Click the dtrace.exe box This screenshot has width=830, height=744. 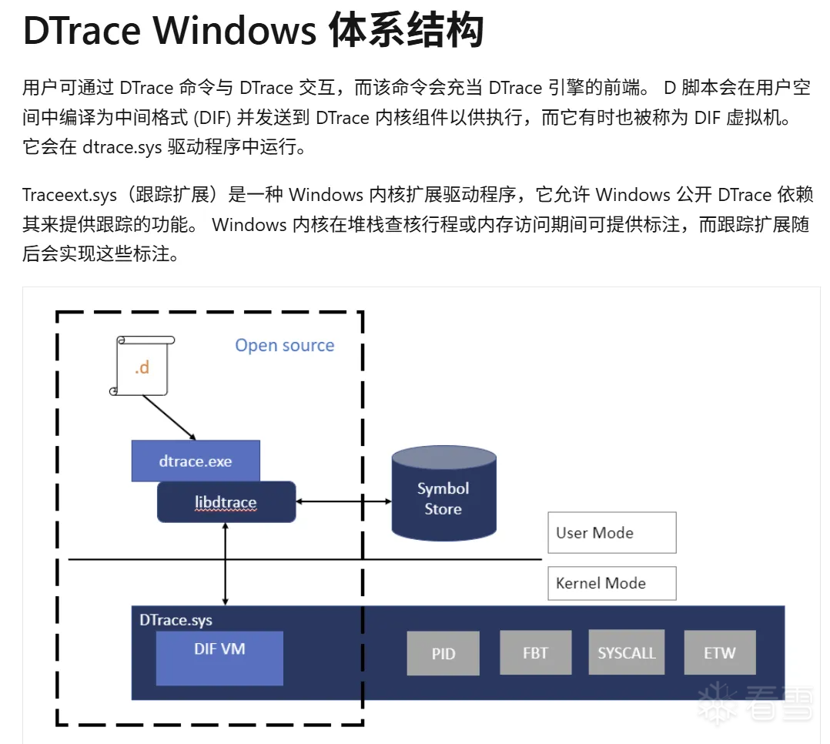point(196,461)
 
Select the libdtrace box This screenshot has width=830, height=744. point(226,502)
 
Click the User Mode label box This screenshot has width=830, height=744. point(611,532)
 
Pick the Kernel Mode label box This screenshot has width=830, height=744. point(611,583)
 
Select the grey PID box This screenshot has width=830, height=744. point(443,653)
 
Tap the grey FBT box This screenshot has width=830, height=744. point(536,652)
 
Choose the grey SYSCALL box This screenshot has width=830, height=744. point(627,652)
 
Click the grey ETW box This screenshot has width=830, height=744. point(720,652)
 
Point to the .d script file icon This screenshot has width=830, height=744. point(142,366)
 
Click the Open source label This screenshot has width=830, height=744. point(285,345)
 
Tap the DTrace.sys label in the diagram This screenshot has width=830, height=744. point(176,620)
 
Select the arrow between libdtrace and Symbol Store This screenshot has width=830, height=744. point(344,501)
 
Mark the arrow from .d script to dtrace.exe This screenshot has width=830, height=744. point(169,417)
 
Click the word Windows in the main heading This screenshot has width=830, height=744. point(236,31)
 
